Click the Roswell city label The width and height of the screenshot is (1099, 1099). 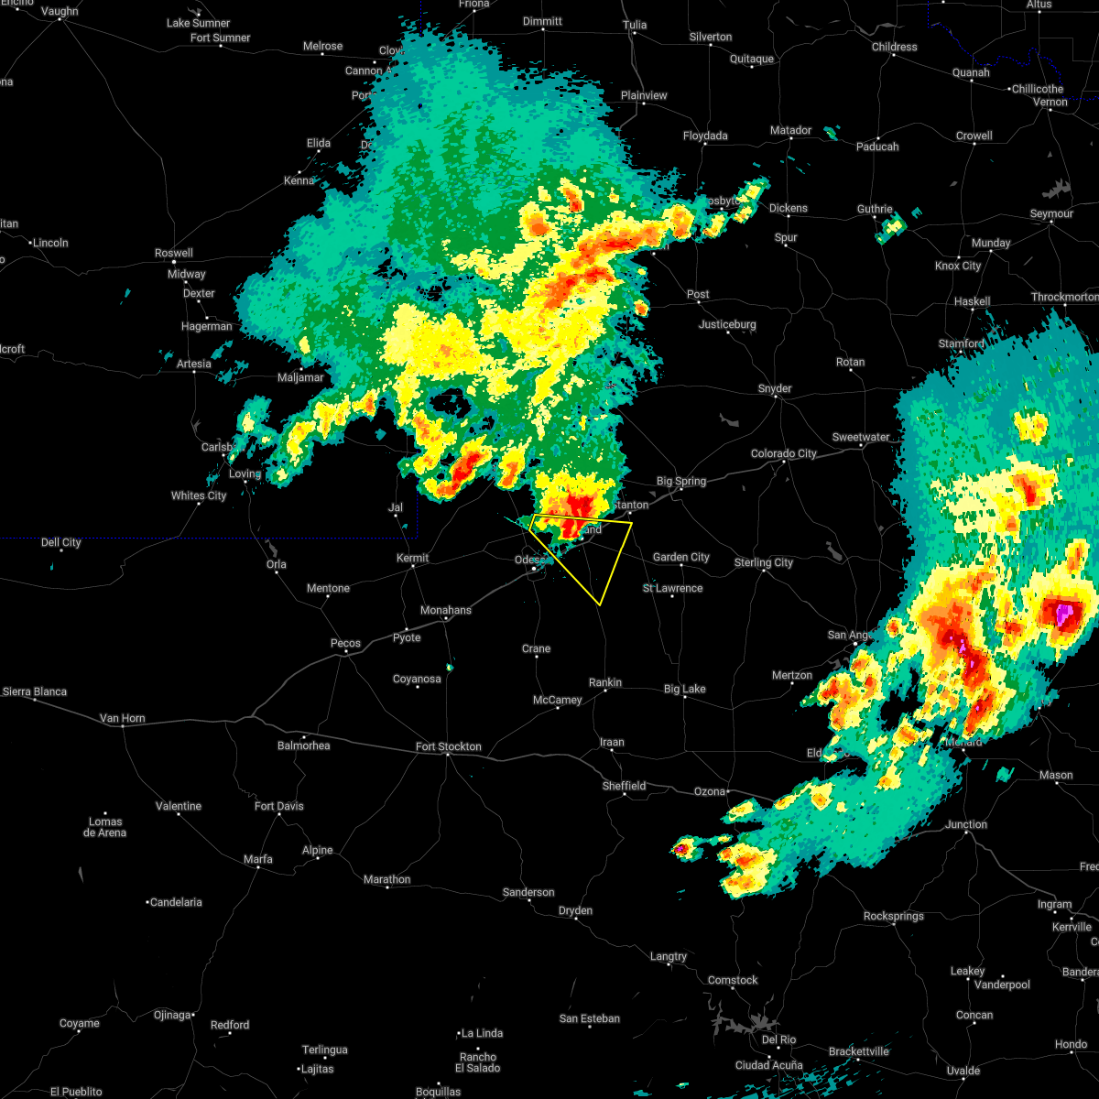(x=174, y=254)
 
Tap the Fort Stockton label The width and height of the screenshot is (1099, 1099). (x=448, y=747)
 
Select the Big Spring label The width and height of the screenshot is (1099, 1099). (x=681, y=482)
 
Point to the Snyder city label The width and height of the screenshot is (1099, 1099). (x=775, y=389)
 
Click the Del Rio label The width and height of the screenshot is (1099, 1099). (x=779, y=1039)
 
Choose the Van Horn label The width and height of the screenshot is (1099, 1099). (x=122, y=719)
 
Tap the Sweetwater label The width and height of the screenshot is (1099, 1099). (x=861, y=438)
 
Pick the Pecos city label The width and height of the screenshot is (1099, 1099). (x=345, y=644)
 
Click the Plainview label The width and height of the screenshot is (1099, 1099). (x=644, y=96)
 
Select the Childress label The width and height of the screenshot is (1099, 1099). (x=894, y=48)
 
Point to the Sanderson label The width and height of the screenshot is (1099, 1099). (x=528, y=893)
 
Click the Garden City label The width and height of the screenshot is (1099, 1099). (x=680, y=558)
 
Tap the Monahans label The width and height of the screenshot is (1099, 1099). (x=445, y=611)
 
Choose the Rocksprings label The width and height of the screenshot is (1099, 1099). (x=895, y=917)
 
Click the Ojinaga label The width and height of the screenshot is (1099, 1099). (x=172, y=1015)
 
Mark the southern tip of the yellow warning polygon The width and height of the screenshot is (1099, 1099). (x=599, y=604)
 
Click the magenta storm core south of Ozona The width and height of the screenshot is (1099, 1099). (x=680, y=850)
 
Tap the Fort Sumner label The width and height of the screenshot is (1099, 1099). (x=220, y=38)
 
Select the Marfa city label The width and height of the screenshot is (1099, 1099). (x=257, y=860)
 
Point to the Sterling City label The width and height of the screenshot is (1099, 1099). (x=764, y=563)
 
